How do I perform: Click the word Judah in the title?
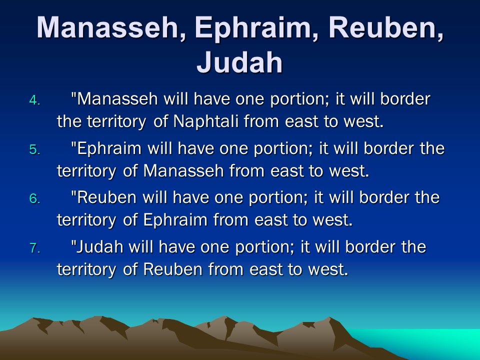pyautogui.click(x=239, y=62)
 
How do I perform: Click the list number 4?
pyautogui.click(x=34, y=100)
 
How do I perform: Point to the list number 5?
pyautogui.click(x=34, y=149)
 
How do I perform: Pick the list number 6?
pyautogui.click(x=34, y=199)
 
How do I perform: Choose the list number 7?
pyautogui.click(x=34, y=248)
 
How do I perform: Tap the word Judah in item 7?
pyautogui.click(x=100, y=246)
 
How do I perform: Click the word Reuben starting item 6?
pyautogui.click(x=106, y=197)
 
